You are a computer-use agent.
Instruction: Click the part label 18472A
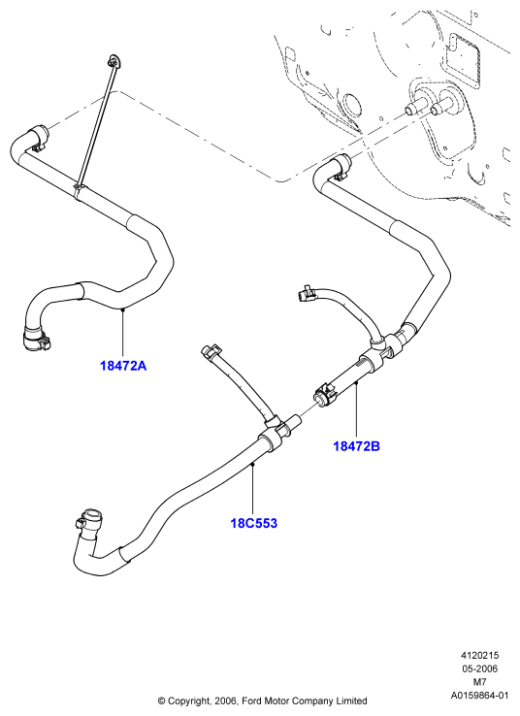coord(123,366)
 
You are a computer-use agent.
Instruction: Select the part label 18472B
coord(357,446)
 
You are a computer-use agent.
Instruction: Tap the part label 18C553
coord(254,523)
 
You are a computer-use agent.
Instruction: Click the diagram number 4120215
coord(480,655)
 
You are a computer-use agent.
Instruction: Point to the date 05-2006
coord(480,669)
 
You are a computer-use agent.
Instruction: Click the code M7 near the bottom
coord(480,682)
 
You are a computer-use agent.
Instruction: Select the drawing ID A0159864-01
coord(480,696)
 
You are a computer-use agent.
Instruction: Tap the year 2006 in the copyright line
coord(225,700)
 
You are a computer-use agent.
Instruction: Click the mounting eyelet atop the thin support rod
coord(114,61)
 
